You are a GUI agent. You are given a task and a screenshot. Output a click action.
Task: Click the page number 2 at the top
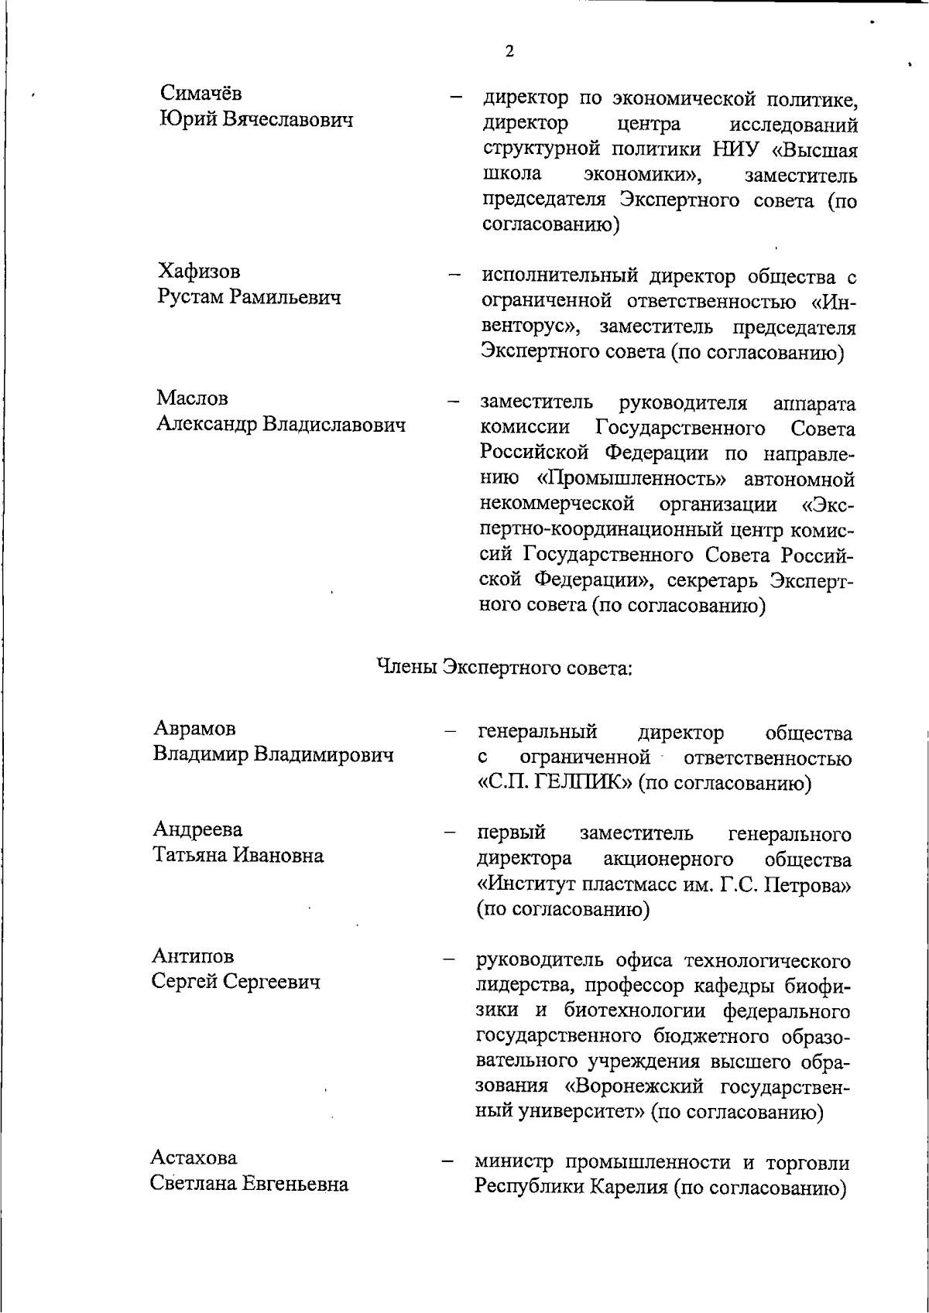point(509,52)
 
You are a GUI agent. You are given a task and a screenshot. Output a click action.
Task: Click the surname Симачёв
point(201,93)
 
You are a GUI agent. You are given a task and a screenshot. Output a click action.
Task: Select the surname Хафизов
point(199,271)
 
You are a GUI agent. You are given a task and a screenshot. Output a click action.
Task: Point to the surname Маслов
point(192,398)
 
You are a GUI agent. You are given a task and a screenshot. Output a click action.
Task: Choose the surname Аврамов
point(194,728)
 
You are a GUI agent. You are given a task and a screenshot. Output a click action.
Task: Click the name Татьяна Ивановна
point(238,855)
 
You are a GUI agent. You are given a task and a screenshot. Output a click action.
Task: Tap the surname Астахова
point(194,1157)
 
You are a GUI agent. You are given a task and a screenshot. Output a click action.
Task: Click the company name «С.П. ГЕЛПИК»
point(555,783)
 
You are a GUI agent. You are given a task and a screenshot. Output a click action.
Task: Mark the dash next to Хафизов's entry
point(454,275)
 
